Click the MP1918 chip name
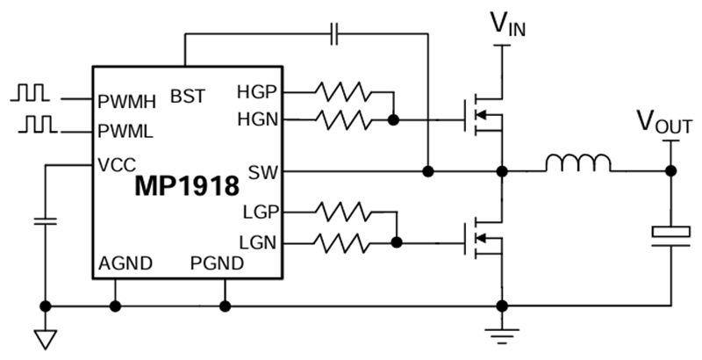[x=187, y=186]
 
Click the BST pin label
[x=189, y=94]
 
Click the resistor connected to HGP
[x=344, y=90]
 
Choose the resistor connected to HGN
[x=344, y=119]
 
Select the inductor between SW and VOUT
[x=578, y=163]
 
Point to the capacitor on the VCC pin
[x=41, y=220]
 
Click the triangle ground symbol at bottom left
[x=41, y=338]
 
